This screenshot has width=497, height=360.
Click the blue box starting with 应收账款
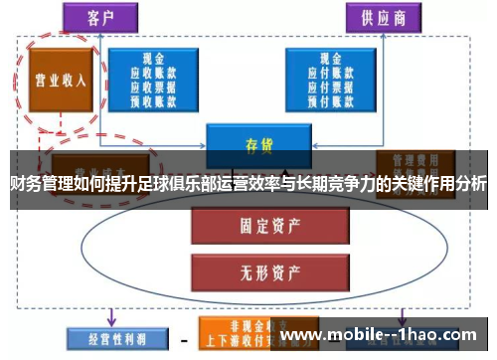(x=152, y=80)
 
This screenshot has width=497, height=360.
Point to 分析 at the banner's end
(x=471, y=185)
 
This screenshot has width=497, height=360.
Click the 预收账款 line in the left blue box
(x=152, y=100)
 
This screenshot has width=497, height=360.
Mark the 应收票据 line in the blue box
(x=152, y=87)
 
